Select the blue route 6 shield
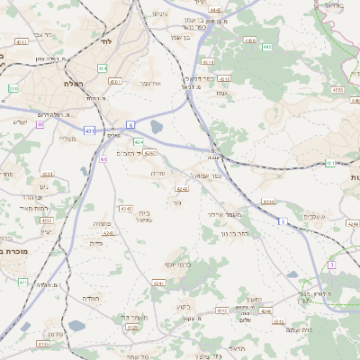click(x=130, y=124)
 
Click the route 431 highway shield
click(x=89, y=131)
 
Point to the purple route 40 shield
click(x=40, y=125)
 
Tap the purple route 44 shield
click(x=104, y=159)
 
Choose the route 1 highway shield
click(x=282, y=220)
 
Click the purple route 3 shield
click(x=331, y=265)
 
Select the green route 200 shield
click(x=13, y=88)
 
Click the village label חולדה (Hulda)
click(x=93, y=298)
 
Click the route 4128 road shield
click(x=132, y=328)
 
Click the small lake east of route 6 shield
click(x=157, y=128)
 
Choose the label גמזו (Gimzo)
click(x=222, y=93)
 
